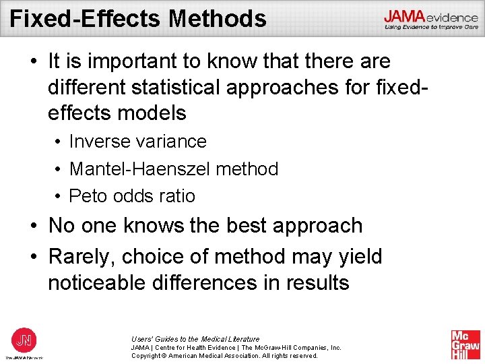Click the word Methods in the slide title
coord(218,18)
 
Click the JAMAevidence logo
coord(431,20)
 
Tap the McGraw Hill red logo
coord(465,345)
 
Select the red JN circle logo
coord(24,338)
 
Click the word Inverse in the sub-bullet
coord(100,142)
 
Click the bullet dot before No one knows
coord(33,226)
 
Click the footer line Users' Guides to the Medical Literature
coord(195,338)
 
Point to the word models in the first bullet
coord(153,113)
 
